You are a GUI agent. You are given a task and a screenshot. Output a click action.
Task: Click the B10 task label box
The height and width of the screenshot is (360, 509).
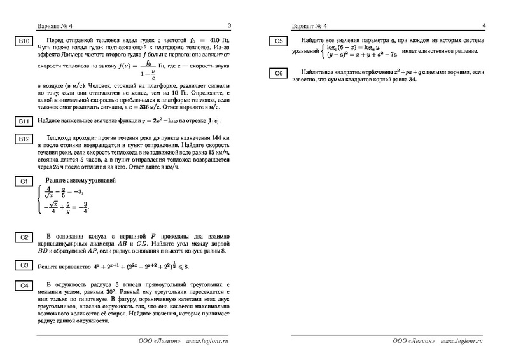24,42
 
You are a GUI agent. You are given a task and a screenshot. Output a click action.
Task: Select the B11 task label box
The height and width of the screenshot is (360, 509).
24,121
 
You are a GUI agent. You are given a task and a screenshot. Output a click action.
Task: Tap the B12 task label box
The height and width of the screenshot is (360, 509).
24,139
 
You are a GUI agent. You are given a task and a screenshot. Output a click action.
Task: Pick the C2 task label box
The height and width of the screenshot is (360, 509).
24,237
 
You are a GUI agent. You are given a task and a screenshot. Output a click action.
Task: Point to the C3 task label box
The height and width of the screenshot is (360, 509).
24,265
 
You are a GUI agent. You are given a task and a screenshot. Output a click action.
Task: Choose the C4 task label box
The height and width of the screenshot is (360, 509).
24,286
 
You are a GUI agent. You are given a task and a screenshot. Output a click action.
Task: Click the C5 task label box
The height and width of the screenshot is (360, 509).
278,42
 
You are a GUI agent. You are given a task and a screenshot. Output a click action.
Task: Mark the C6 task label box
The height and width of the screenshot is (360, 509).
278,74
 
